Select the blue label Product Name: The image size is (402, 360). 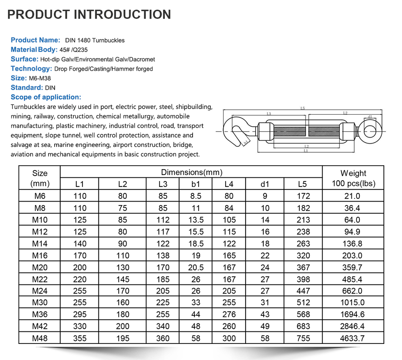(x=35, y=40)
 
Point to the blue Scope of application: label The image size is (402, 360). (x=46, y=97)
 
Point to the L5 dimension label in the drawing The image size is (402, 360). (x=303, y=108)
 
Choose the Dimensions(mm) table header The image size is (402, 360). (x=191, y=172)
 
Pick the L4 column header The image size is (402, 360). (x=229, y=184)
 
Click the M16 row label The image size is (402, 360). (x=39, y=255)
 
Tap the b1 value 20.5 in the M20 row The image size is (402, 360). (x=196, y=267)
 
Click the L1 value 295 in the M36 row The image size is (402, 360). (x=80, y=315)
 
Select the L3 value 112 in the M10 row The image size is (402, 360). (x=163, y=220)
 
